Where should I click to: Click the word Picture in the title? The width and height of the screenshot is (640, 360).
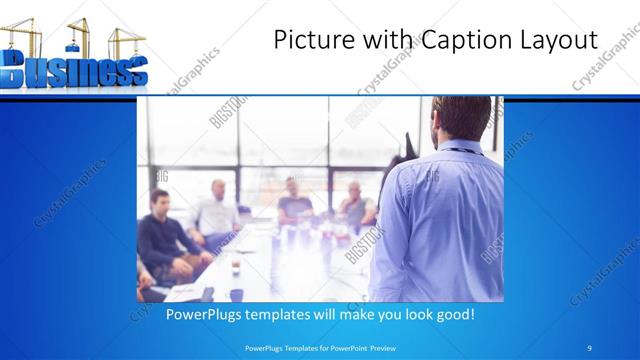tap(310, 39)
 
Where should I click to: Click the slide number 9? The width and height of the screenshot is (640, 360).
tap(589, 347)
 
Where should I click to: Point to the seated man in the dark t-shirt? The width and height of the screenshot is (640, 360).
tap(294, 200)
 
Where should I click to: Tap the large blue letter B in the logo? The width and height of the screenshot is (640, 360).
tap(20, 72)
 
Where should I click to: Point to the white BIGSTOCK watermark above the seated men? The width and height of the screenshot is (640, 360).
tap(228, 112)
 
